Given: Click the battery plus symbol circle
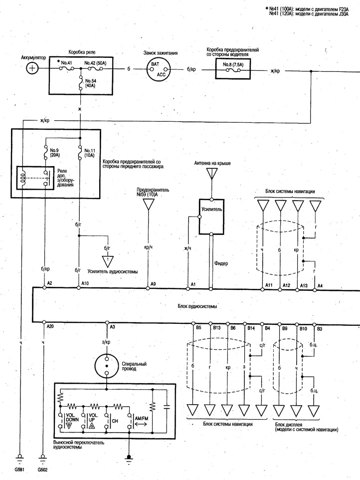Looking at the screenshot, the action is click(x=32, y=68).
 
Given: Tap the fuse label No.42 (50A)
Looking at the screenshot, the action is click(x=95, y=63).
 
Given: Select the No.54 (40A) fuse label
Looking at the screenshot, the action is click(x=90, y=83).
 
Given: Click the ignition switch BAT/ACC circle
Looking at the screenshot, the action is click(x=158, y=69).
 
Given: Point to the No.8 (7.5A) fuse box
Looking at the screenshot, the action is click(x=233, y=68).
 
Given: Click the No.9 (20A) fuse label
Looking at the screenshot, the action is click(x=55, y=153).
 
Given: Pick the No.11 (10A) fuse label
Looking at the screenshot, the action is click(x=90, y=153).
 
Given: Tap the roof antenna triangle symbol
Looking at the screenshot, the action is click(x=211, y=173).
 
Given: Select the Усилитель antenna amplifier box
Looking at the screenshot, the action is click(x=211, y=217).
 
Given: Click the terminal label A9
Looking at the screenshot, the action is click(x=153, y=284).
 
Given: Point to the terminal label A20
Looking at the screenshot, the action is click(x=50, y=326).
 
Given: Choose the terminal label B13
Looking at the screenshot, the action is click(x=216, y=327).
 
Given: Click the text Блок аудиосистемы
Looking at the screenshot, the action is click(x=197, y=306).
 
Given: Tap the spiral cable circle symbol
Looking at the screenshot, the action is click(x=107, y=366).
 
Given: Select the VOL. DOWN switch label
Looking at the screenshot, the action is click(x=72, y=417).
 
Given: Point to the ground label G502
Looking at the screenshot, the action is click(x=42, y=470).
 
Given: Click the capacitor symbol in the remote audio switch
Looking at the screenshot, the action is click(x=167, y=407).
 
